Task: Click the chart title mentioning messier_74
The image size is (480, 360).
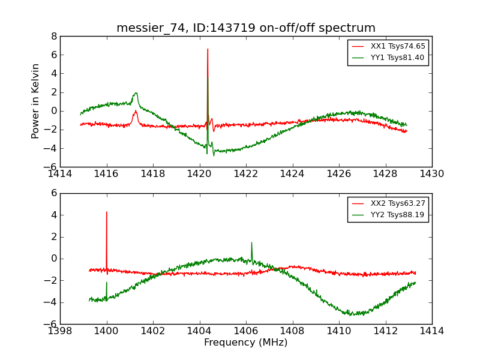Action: pos(246,28)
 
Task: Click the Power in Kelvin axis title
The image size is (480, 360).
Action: pos(36,101)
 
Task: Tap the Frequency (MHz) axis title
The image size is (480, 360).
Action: pos(246,343)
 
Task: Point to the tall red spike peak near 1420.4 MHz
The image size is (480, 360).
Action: pos(208,49)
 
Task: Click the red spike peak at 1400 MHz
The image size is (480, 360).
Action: pos(107,212)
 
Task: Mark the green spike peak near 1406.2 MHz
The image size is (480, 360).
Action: pos(251,242)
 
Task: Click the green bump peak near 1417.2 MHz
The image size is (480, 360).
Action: pos(136,93)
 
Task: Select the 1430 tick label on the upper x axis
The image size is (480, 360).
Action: pos(432,174)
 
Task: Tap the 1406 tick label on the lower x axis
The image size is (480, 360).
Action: pos(246,331)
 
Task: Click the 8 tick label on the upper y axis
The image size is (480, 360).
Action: pos(54,36)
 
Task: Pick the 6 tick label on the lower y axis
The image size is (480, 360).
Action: pos(54,193)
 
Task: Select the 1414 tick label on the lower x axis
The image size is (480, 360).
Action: pos(432,331)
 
